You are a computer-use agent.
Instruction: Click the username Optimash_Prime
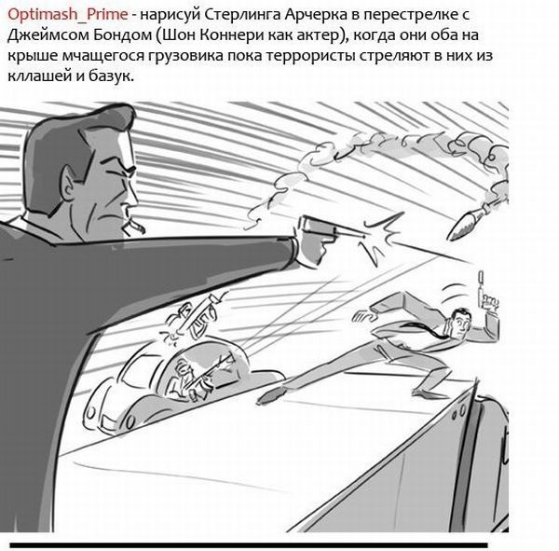coord(67,15)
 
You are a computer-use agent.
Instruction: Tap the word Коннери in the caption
coord(231,35)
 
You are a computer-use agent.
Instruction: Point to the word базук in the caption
coord(109,76)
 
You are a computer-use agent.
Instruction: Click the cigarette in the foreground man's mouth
coord(134,226)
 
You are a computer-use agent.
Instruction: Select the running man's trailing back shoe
coord(270,394)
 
